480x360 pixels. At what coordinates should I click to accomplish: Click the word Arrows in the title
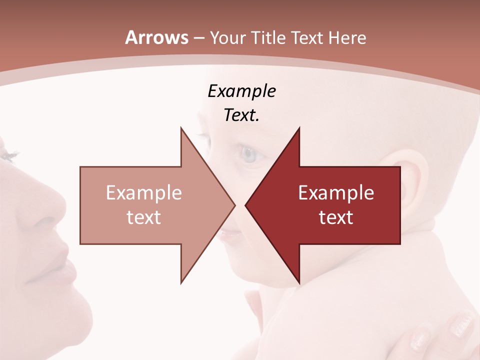point(157,38)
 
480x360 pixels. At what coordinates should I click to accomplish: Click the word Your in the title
point(227,38)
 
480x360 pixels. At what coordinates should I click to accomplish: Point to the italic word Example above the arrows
point(241,91)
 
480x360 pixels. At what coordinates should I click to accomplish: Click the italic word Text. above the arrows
point(241,115)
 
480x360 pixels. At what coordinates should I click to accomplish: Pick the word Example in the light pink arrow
point(144,193)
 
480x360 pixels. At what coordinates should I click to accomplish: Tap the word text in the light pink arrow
point(144,217)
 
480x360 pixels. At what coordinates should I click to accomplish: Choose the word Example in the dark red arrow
point(336,193)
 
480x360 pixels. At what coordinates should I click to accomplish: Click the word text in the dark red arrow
point(336,217)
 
